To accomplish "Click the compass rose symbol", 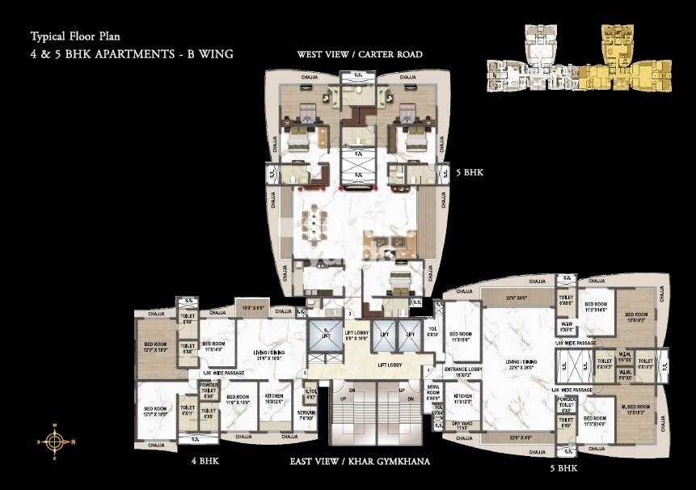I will (x=54, y=441).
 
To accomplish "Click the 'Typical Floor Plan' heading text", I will (x=70, y=36).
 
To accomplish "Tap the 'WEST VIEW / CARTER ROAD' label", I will (x=359, y=55).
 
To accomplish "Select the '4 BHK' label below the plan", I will (x=204, y=462).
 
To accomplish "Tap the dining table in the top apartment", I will (x=312, y=230).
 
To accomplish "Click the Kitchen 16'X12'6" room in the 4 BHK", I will (x=275, y=399).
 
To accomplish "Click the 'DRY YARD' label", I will (x=462, y=425).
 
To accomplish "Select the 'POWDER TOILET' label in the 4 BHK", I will (x=209, y=394).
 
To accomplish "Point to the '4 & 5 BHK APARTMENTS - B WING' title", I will (x=130, y=55).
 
